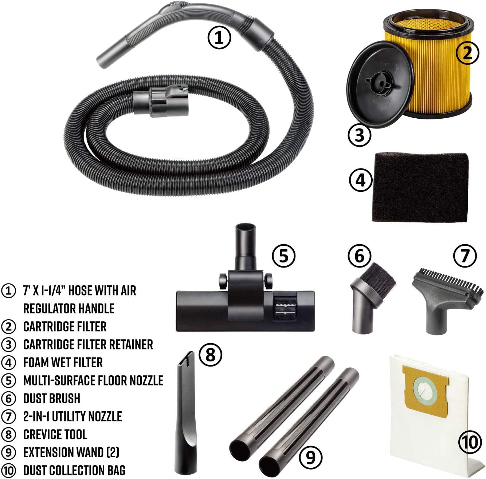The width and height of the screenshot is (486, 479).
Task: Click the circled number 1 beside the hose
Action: [x=219, y=38]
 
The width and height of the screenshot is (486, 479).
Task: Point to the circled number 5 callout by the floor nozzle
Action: [x=284, y=256]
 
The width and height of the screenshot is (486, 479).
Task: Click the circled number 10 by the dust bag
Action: [x=470, y=442]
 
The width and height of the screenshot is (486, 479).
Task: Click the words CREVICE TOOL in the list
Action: [x=55, y=435]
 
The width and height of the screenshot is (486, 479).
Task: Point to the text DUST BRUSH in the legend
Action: [x=52, y=399]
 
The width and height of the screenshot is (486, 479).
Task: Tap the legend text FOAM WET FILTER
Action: [x=63, y=363]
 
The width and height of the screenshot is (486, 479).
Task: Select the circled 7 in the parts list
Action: [x=9, y=416]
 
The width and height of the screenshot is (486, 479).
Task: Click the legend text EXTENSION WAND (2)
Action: [x=71, y=452]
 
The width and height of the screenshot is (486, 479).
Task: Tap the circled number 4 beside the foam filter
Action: [x=360, y=180]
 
